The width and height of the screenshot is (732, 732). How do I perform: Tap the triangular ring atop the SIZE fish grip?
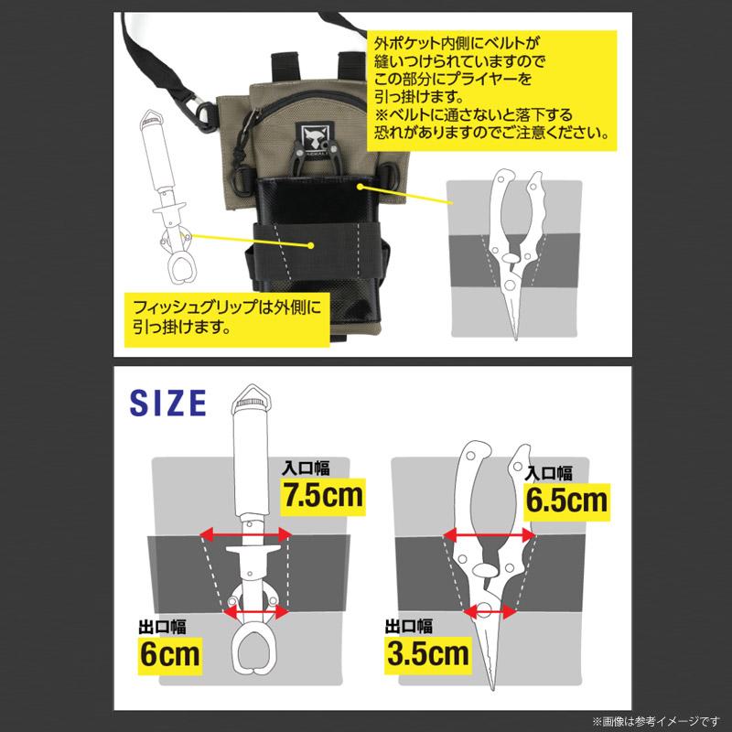tap(247, 399)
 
